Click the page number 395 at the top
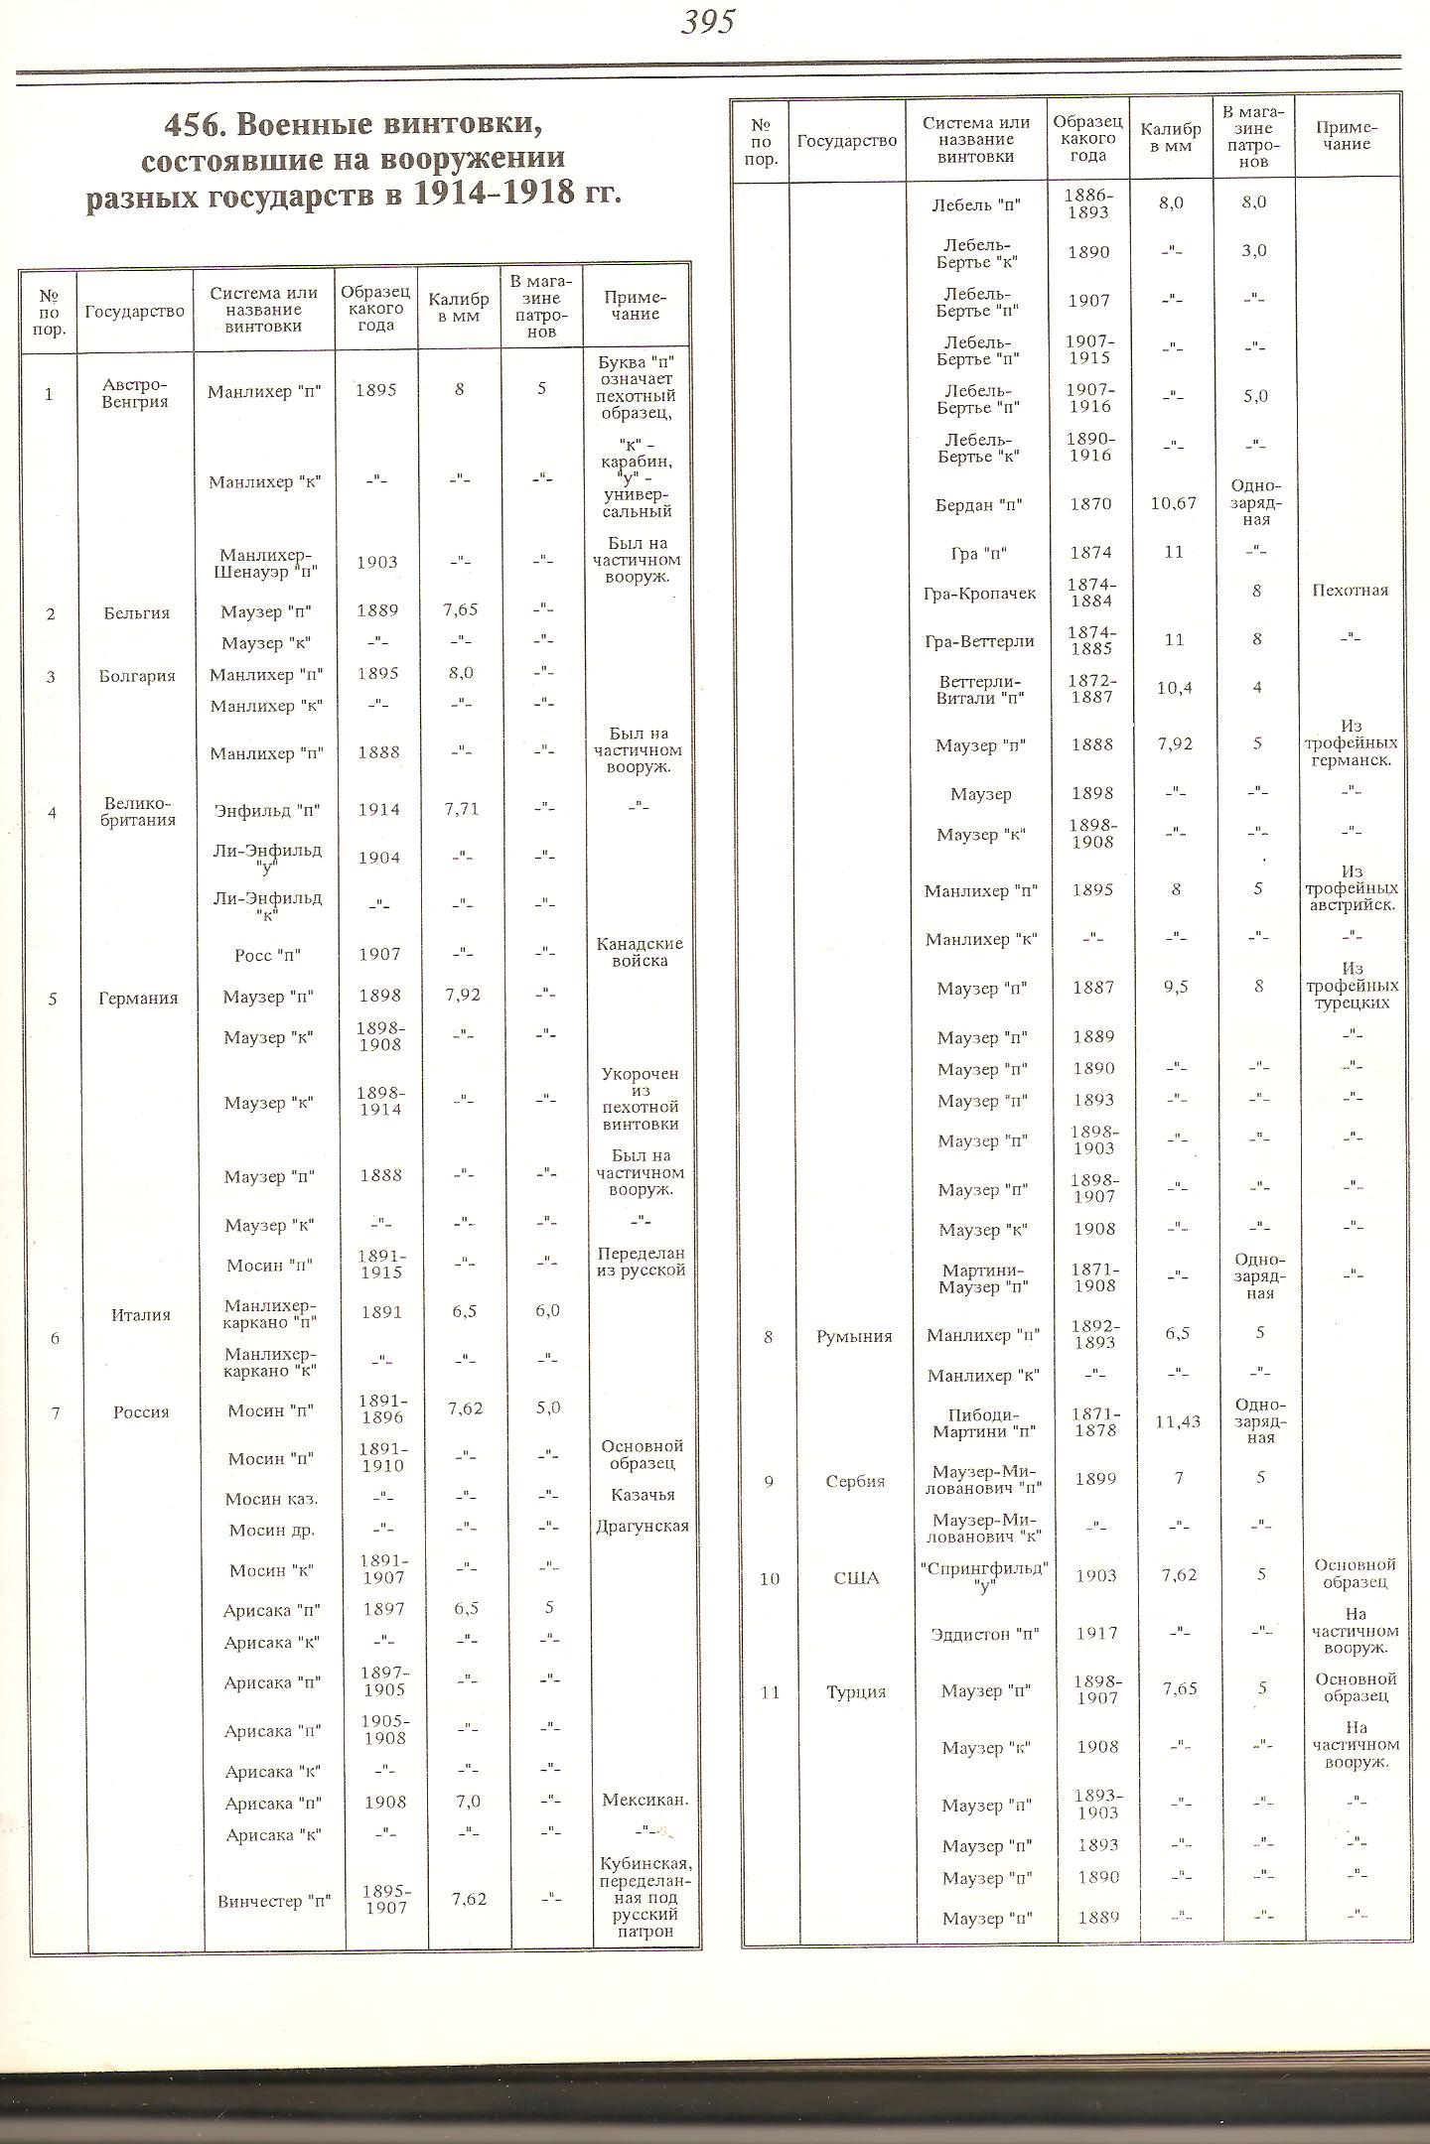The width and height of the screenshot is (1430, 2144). click(x=707, y=22)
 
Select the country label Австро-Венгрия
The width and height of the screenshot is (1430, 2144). click(x=135, y=394)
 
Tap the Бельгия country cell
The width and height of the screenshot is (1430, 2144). click(x=137, y=612)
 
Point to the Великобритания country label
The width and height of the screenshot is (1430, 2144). click(x=137, y=812)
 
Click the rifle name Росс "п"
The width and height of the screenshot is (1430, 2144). click(x=267, y=955)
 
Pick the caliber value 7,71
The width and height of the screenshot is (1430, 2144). click(x=459, y=809)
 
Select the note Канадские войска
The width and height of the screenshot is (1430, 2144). click(x=640, y=952)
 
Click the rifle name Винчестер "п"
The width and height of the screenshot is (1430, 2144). click(x=273, y=1902)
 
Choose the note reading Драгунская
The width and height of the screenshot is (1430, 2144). click(x=643, y=1527)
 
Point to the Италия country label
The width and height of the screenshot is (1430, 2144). click(x=141, y=1315)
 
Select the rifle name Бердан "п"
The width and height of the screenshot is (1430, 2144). click(x=979, y=504)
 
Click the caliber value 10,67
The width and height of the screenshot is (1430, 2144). click(x=1175, y=503)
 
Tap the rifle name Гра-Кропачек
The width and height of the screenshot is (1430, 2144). click(x=979, y=593)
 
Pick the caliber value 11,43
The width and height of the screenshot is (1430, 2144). click(x=1178, y=1422)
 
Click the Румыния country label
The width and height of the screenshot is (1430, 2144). click(x=854, y=1336)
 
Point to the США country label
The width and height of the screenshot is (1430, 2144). click(x=856, y=1578)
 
